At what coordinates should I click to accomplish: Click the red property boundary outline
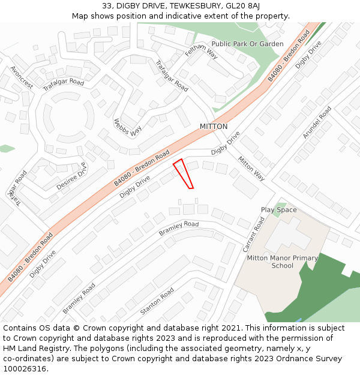[x=183, y=173]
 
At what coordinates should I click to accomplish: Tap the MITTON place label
[x=214, y=127]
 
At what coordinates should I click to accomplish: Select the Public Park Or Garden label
[x=247, y=44]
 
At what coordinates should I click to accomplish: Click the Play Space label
[x=278, y=210]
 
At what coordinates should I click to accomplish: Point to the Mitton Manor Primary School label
[x=282, y=262]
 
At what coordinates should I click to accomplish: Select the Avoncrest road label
[x=21, y=77]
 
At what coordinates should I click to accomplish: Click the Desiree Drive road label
[x=71, y=177]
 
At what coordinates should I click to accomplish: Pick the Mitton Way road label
[x=251, y=169]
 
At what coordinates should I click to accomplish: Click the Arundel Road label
[x=317, y=122]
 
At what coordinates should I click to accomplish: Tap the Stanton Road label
[x=157, y=301]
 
